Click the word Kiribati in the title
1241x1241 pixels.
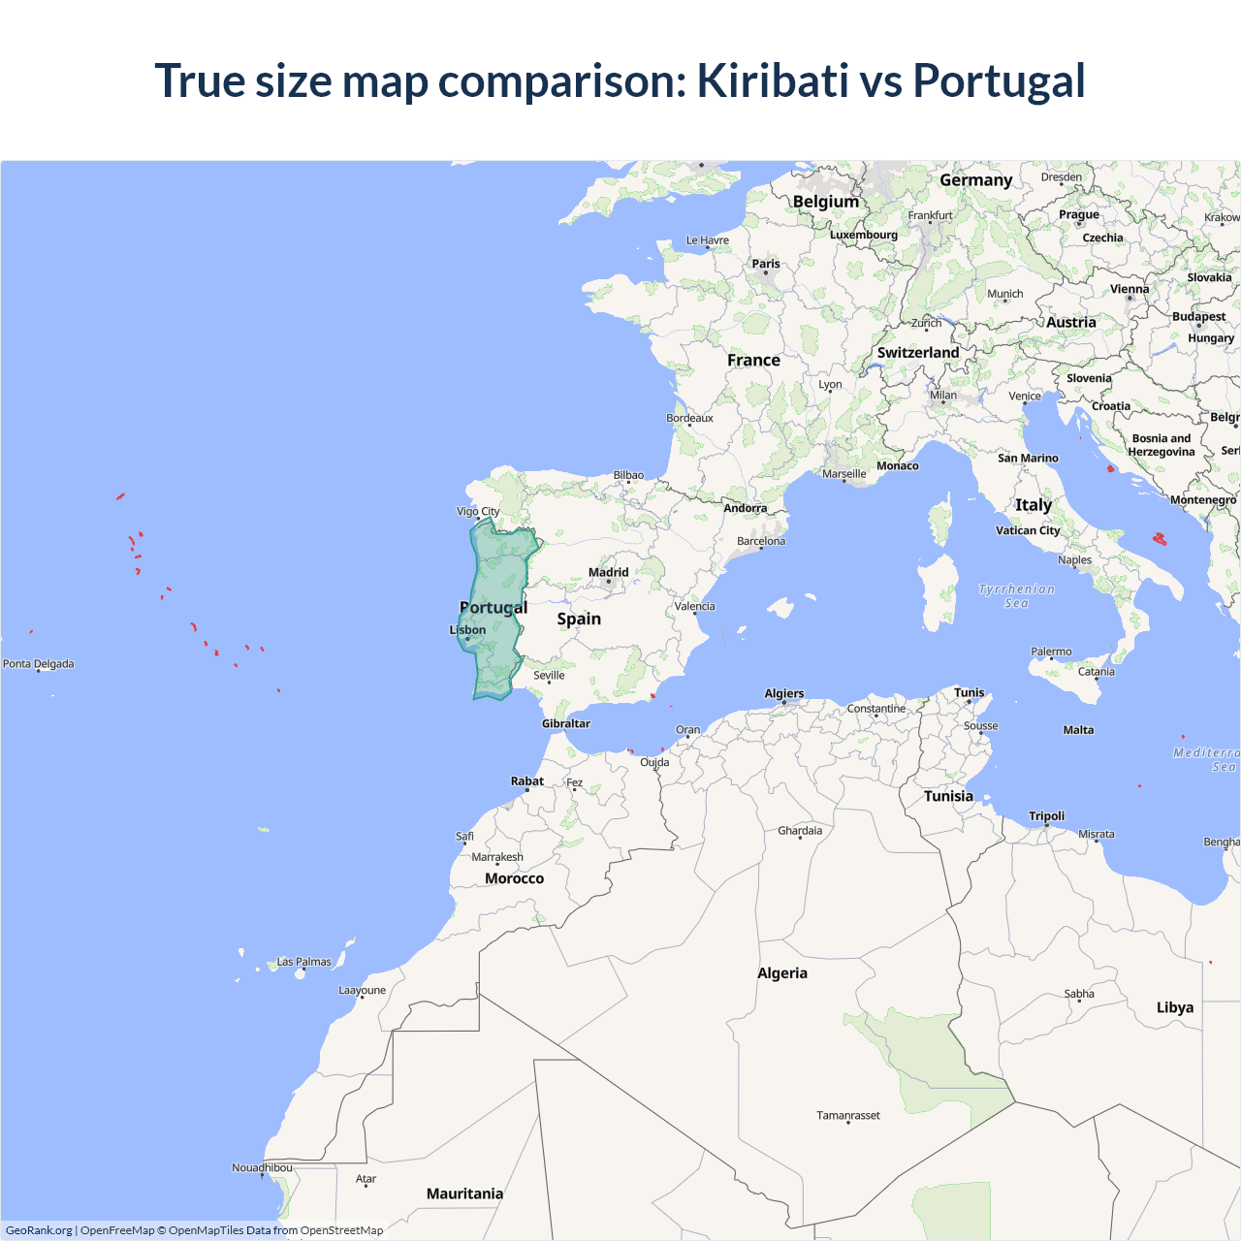click(x=773, y=80)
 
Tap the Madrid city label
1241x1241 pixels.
click(x=609, y=572)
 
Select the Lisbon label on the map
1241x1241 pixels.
click(x=468, y=630)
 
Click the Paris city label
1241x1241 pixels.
click(x=766, y=264)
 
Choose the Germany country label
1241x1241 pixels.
click(x=975, y=180)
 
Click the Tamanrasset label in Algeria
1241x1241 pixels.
click(x=848, y=1115)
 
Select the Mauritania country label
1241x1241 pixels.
click(x=464, y=1193)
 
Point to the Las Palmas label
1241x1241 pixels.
click(x=304, y=962)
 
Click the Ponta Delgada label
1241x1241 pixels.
click(x=39, y=664)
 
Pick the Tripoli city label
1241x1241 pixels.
click(x=1047, y=816)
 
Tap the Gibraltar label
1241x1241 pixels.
click(x=566, y=723)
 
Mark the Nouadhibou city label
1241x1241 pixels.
click(x=262, y=1167)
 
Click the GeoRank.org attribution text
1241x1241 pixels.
click(x=39, y=1230)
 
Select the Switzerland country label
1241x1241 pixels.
click(x=918, y=353)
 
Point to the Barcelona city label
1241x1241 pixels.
click(x=761, y=541)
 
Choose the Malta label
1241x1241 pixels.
click(x=1078, y=730)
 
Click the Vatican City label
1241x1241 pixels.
click(x=1028, y=530)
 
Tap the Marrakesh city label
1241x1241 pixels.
click(x=497, y=857)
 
